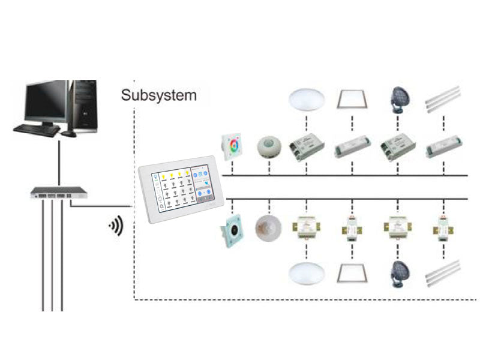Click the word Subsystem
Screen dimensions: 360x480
158,95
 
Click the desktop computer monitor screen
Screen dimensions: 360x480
46,102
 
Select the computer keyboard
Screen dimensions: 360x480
37,128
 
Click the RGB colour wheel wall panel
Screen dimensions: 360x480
231,145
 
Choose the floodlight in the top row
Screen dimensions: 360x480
398,98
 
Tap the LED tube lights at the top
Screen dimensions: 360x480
442,99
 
